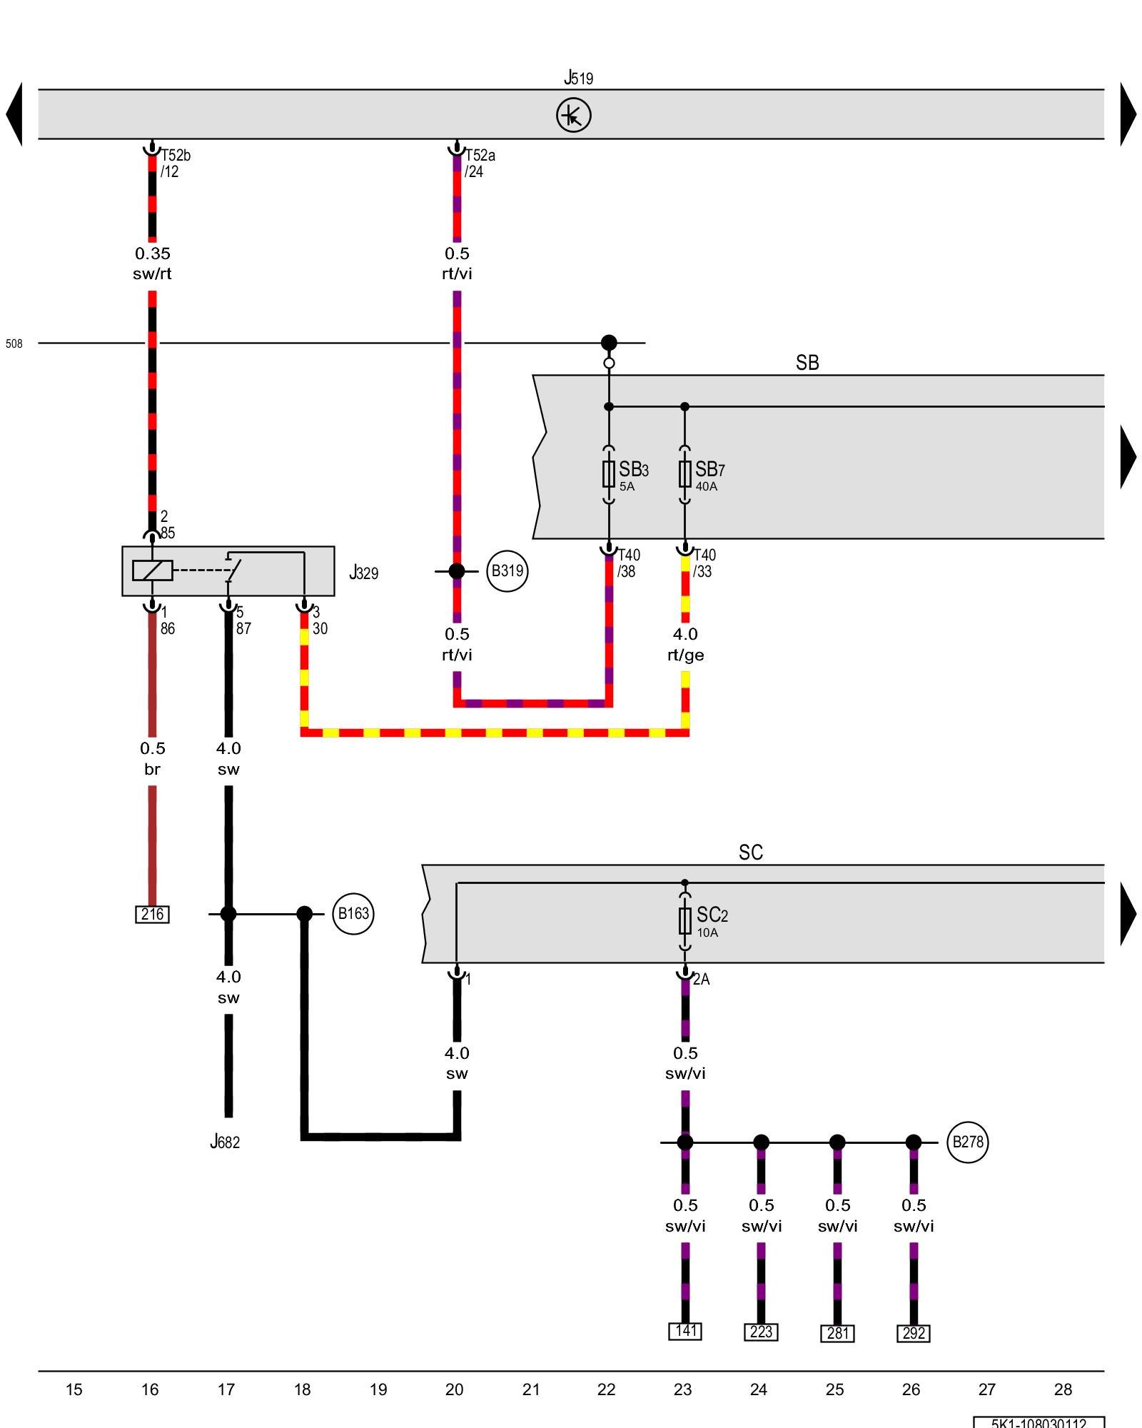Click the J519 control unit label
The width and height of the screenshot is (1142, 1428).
click(x=578, y=78)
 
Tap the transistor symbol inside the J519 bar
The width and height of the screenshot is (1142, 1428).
click(x=573, y=115)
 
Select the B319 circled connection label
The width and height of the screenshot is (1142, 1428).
click(x=507, y=571)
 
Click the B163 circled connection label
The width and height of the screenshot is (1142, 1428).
click(x=353, y=913)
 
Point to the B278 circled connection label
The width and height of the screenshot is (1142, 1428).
click(x=967, y=1142)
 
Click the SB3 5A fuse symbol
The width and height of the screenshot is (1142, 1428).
click(x=609, y=474)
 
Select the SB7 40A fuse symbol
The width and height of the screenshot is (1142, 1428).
click(x=684, y=474)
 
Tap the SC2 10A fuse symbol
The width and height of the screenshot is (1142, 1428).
click(x=684, y=921)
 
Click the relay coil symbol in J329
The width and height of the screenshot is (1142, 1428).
click(x=152, y=570)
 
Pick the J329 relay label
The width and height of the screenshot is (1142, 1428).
click(x=363, y=573)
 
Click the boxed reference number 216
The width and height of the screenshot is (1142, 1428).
click(x=152, y=914)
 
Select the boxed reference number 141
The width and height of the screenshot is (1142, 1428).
click(x=685, y=1331)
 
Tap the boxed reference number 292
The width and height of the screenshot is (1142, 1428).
click(x=914, y=1333)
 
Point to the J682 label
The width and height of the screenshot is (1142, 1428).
click(x=225, y=1142)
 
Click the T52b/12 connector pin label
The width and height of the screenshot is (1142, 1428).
click(x=175, y=164)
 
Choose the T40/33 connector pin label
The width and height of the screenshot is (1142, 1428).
click(x=704, y=563)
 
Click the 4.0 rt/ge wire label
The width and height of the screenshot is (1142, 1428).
click(x=685, y=644)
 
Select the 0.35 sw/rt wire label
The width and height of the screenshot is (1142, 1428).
click(x=152, y=263)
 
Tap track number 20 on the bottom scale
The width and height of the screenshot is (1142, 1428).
click(x=454, y=1389)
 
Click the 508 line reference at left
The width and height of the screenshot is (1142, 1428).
click(x=14, y=343)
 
